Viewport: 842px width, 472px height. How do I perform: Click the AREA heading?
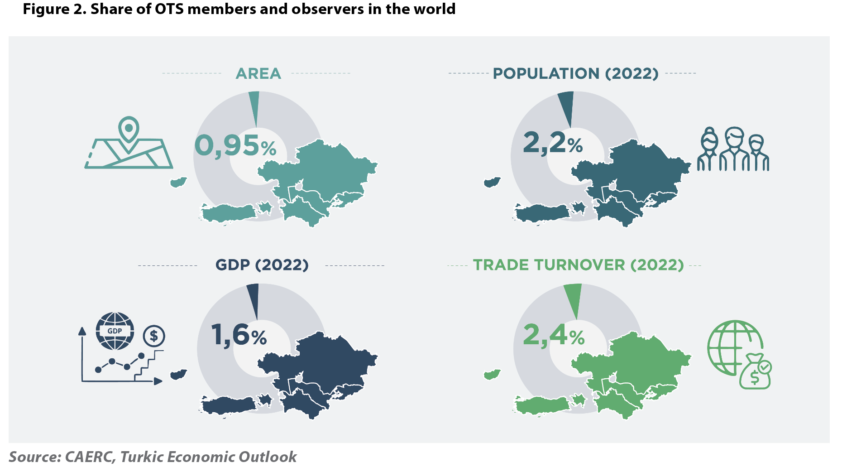pyautogui.click(x=258, y=73)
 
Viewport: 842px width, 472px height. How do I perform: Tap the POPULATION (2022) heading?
pyautogui.click(x=575, y=73)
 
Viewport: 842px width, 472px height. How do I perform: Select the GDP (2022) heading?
pyautogui.click(x=262, y=265)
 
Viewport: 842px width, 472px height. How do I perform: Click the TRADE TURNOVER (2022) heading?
pyautogui.click(x=578, y=265)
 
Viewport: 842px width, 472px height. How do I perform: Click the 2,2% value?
pyautogui.click(x=553, y=143)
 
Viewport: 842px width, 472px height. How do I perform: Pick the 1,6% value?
pyautogui.click(x=239, y=335)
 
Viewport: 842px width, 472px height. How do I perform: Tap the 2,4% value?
pyautogui.click(x=554, y=336)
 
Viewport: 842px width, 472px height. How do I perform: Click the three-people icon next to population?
pyautogui.click(x=733, y=149)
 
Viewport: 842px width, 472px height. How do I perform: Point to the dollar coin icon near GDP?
pyautogui.click(x=154, y=336)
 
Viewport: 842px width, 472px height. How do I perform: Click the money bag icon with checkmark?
pyautogui.click(x=756, y=372)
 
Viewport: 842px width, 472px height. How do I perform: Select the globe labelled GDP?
pyautogui.click(x=115, y=331)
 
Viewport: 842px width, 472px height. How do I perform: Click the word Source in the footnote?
pyautogui.click(x=34, y=457)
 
